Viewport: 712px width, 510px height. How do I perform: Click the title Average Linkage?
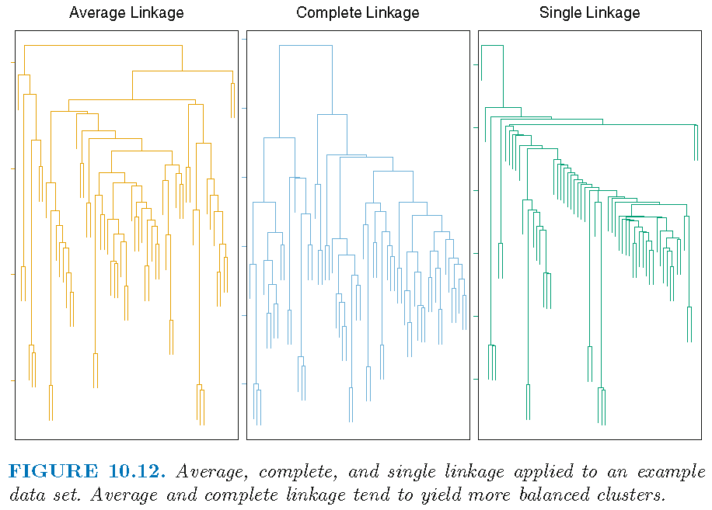point(126,13)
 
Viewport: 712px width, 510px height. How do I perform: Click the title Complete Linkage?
point(358,13)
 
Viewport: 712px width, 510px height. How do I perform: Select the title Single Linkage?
point(590,13)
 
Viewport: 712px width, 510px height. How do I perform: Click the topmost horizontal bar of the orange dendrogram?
point(103,47)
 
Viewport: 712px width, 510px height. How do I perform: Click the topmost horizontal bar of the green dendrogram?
point(492,46)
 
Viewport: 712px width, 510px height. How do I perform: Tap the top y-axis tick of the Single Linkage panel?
point(475,65)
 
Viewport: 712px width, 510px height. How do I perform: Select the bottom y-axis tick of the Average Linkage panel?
point(12,380)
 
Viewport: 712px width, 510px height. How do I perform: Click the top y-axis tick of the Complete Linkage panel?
point(244,39)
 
